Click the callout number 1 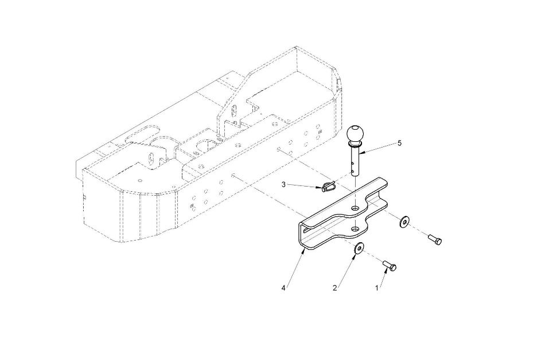click(x=377, y=288)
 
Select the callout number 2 click(x=334, y=288)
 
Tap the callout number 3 click(x=283, y=184)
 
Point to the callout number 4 click(x=283, y=288)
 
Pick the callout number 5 click(x=399, y=143)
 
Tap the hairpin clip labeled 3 click(x=328, y=186)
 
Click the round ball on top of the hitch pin click(x=355, y=133)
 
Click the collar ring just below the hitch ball click(x=355, y=144)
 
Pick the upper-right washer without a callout click(x=405, y=222)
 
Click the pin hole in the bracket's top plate click(x=356, y=208)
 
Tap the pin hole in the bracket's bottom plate click(x=356, y=229)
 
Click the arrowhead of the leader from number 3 click(x=320, y=188)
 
